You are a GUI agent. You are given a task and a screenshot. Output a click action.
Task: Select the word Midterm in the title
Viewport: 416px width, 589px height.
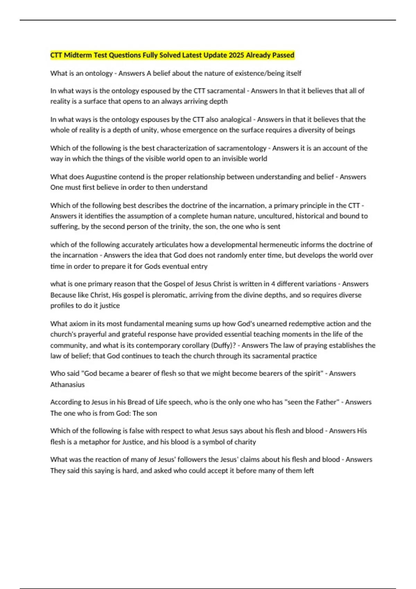tap(77, 55)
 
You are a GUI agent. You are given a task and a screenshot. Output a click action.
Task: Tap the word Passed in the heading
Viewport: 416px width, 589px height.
tap(283, 55)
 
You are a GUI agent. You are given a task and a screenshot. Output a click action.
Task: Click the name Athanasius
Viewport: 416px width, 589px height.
tap(67, 385)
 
